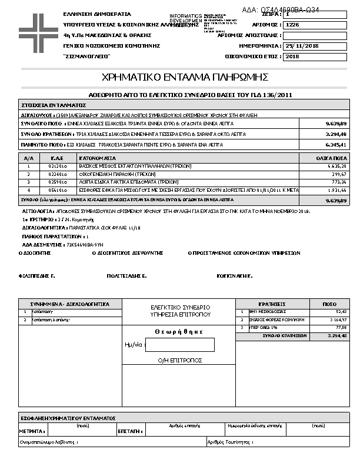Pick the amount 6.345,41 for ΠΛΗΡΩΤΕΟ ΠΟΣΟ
click(336, 144)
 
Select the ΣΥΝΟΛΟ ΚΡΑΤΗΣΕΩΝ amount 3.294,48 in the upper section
click(336, 134)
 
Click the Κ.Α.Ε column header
click(57, 159)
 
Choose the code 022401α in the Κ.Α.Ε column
click(56, 174)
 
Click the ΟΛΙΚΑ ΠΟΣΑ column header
click(332, 159)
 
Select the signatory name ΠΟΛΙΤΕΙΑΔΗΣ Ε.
click(126, 275)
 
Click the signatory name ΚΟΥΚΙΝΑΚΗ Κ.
click(234, 275)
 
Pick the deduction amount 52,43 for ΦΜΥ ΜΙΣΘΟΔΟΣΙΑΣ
click(341, 311)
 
